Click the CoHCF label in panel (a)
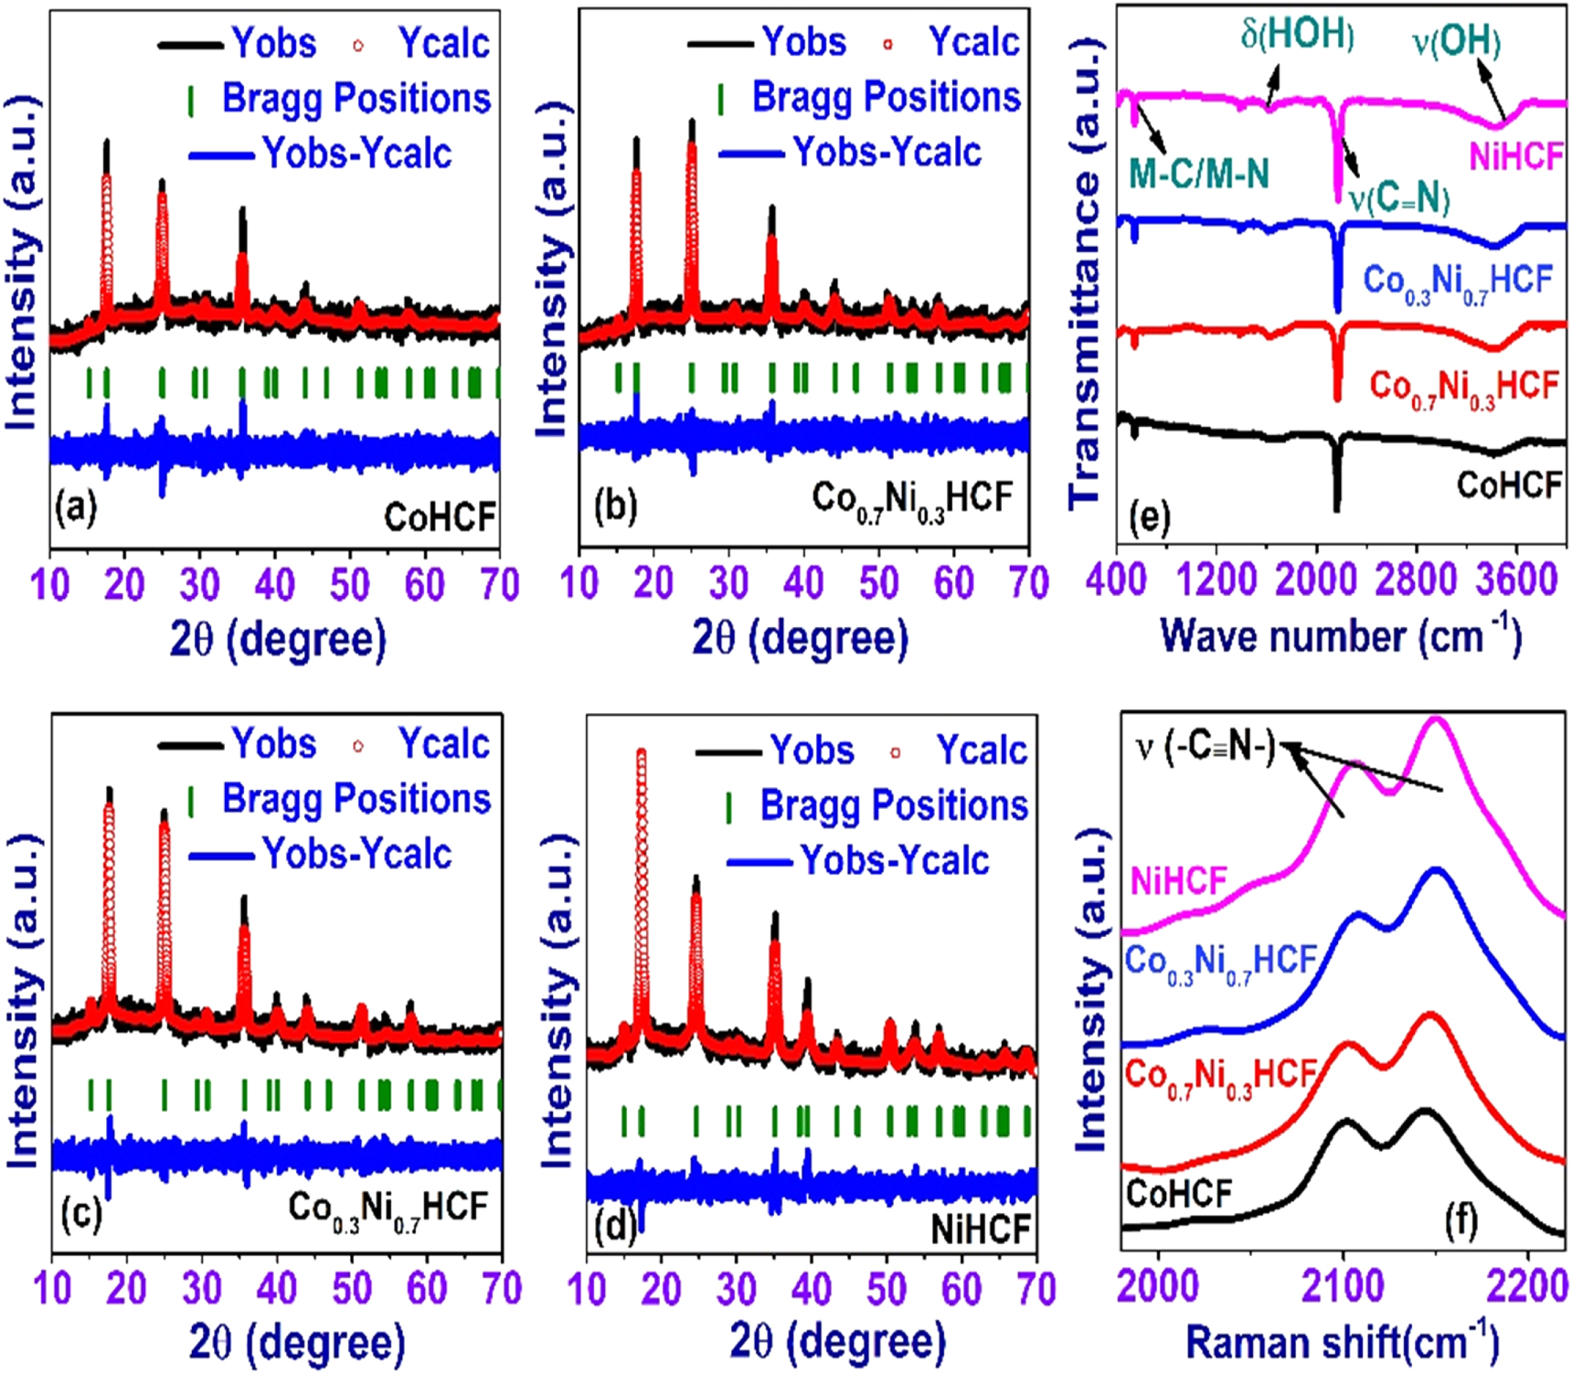coord(440,517)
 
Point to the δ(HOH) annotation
coord(1297,35)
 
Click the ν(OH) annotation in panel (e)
coord(1456,41)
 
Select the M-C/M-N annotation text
coord(1199,172)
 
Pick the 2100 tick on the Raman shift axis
coord(1343,1287)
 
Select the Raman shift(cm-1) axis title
coord(1342,1342)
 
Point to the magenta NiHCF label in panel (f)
coord(1178,882)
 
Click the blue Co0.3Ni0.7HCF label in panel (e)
coord(1457,282)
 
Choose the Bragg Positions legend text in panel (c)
coord(356,799)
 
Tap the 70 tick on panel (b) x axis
coord(1029,583)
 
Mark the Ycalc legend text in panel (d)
coord(981,750)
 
